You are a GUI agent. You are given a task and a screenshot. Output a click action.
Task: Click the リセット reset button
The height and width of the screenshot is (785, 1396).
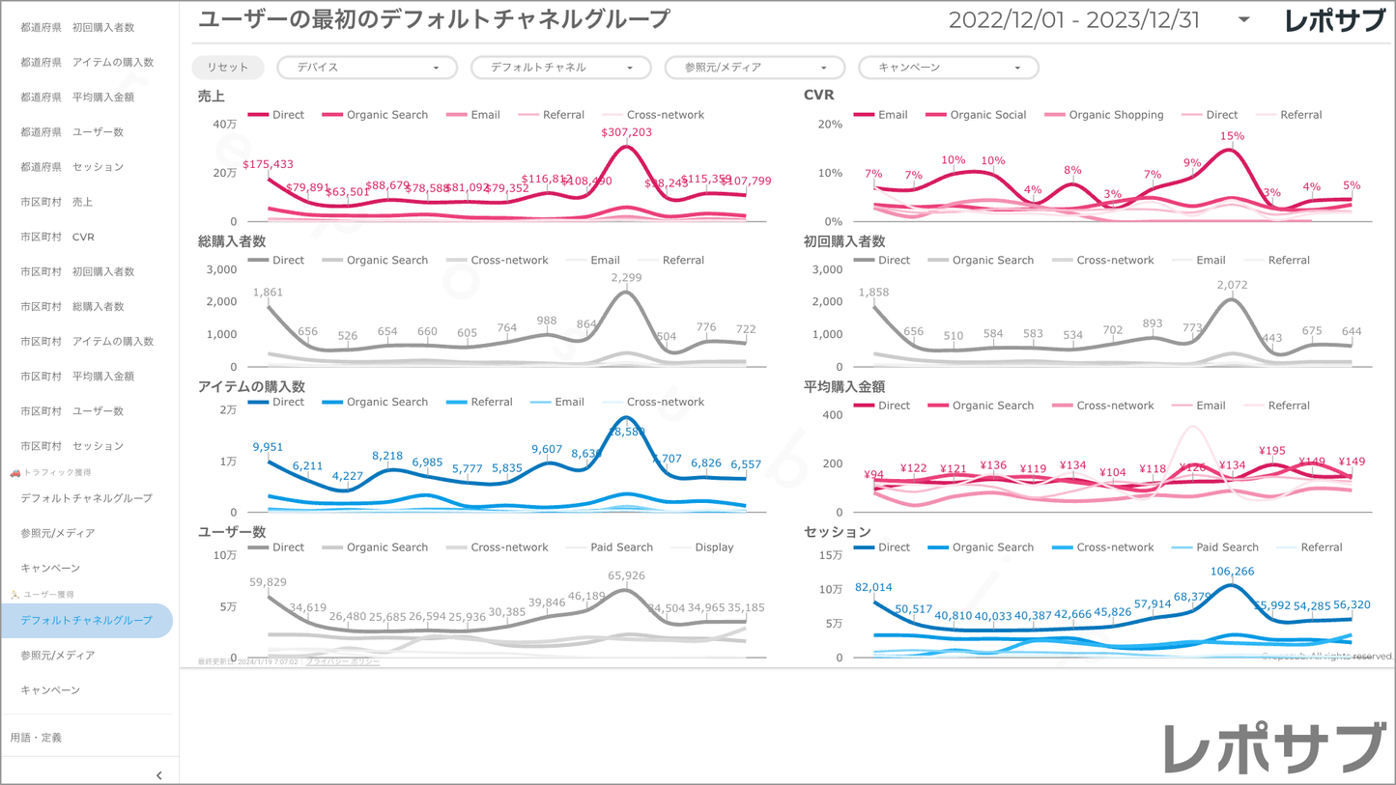227,68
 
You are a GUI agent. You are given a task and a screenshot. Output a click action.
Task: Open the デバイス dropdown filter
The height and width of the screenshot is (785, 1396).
366,68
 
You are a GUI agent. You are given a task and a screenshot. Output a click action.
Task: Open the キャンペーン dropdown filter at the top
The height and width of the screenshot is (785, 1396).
948,68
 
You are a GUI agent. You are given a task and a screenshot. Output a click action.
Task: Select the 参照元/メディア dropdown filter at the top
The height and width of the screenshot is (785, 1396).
755,68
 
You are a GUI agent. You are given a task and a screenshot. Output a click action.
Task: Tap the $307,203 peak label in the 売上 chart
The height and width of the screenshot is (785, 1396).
626,132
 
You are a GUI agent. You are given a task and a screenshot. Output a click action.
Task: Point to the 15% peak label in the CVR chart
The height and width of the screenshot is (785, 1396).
1231,137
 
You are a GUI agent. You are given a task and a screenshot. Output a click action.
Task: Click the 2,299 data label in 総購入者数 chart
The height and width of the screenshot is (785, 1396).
626,278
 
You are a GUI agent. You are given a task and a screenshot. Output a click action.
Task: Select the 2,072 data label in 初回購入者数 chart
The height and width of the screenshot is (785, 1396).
1232,286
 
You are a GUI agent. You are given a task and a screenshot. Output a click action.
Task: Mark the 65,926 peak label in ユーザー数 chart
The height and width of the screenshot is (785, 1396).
626,576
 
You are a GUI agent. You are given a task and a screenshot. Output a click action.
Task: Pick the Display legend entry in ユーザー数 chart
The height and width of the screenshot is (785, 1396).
714,547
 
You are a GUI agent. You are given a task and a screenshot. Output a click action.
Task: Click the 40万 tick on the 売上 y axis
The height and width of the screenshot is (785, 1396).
224,125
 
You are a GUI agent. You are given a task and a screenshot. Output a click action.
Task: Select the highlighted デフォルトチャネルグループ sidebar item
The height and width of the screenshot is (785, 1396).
87,621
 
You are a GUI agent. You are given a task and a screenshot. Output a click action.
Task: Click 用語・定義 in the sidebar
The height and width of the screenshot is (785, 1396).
36,738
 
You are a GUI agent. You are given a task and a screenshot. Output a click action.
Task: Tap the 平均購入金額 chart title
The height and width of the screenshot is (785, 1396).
844,386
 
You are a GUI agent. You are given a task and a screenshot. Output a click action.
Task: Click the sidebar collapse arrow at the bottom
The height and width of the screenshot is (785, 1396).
159,775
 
